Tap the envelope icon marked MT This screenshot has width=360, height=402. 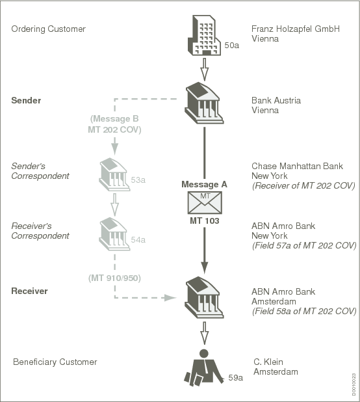click(205, 202)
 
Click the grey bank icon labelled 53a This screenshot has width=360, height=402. click(114, 174)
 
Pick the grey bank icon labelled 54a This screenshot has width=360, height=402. click(114, 234)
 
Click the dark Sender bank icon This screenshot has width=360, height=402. click(204, 103)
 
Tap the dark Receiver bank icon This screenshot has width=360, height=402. click(204, 297)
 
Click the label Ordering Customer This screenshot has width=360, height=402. click(48, 29)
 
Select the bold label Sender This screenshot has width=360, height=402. click(26, 101)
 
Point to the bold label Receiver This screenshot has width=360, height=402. click(29, 291)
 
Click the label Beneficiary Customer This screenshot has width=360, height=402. click(55, 362)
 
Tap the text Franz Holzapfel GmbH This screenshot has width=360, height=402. click(295, 29)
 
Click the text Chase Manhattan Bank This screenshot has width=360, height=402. click(297, 167)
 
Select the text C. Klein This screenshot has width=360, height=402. click(268, 362)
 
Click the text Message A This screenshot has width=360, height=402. click(204, 185)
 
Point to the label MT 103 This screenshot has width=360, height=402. click(204, 221)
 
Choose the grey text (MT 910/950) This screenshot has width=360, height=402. click(114, 278)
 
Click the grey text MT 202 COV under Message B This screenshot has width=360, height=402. click(114, 130)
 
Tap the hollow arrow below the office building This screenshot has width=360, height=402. click(204, 67)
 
